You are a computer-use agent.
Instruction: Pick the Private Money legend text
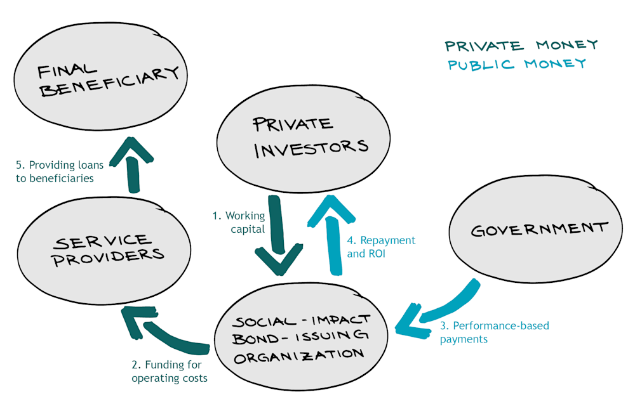pos(521,46)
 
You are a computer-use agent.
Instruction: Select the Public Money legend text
pos(517,64)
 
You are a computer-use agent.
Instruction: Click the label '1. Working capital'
pos(239,222)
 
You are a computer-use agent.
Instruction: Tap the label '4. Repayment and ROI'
pos(381,247)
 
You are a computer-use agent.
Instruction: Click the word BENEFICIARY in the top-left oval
pos(108,82)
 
